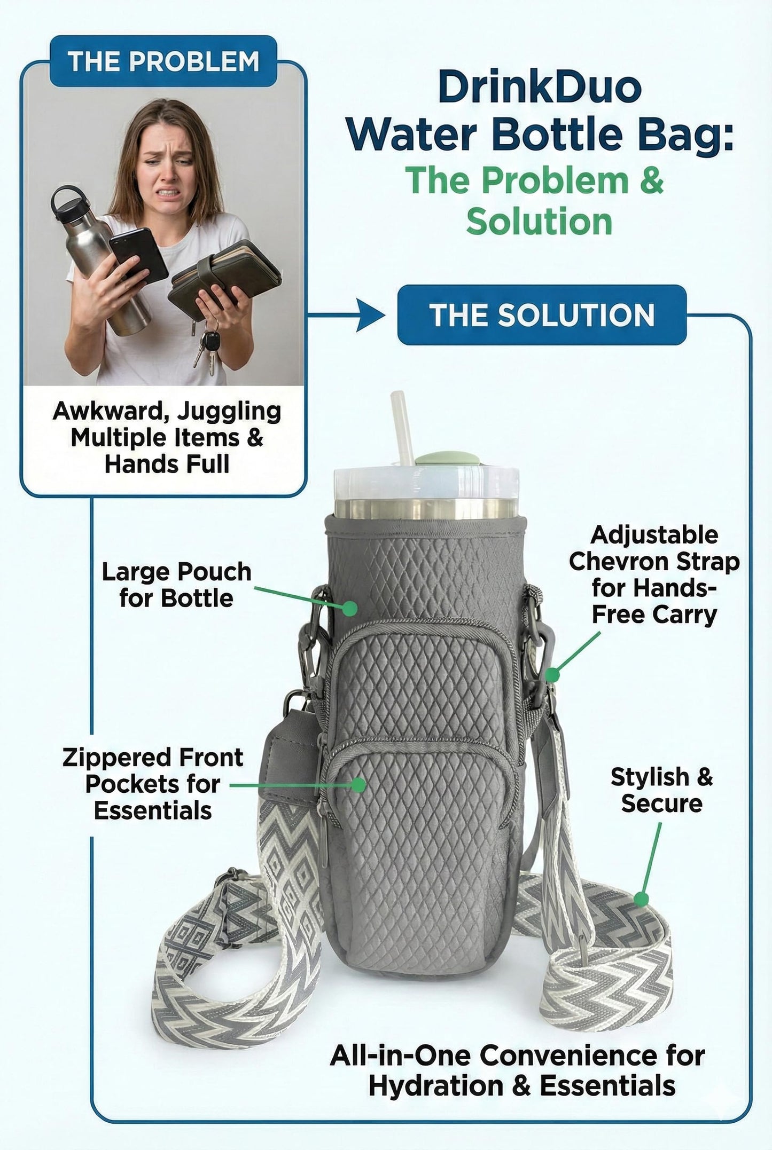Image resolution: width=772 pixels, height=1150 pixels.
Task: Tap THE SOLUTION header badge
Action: [x=542, y=314]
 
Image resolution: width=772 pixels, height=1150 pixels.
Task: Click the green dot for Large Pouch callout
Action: [x=350, y=608]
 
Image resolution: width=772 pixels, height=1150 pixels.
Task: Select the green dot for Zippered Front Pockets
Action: [x=360, y=784]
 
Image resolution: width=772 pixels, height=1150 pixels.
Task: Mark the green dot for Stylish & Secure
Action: [x=642, y=900]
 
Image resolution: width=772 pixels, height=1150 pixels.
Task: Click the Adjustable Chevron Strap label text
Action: [x=654, y=574]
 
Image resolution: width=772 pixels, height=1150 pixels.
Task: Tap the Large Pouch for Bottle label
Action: [x=176, y=585]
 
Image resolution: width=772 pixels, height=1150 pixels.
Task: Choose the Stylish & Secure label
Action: [x=661, y=790]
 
